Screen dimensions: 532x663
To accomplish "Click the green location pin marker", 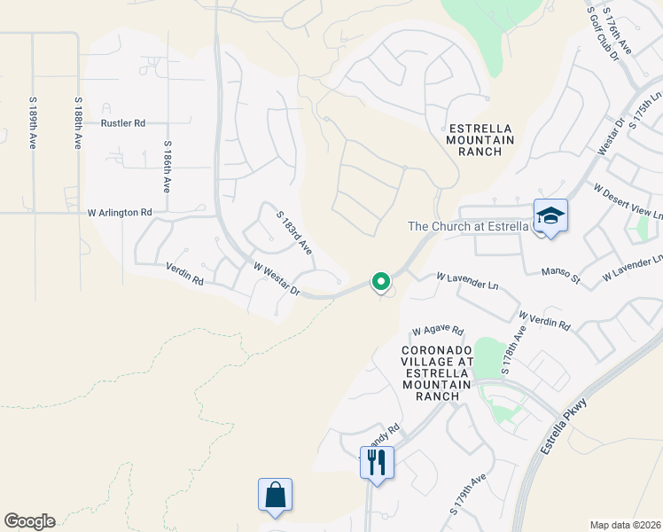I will point(381,283).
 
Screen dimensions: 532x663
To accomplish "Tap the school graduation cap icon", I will point(550,215).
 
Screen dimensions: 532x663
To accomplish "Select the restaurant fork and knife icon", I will point(377,462).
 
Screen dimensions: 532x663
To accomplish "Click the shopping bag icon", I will point(275,496).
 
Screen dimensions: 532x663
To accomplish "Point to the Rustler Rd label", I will point(123,123).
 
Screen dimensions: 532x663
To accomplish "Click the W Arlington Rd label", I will point(120,213).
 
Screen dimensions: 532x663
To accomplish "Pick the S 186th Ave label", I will point(166,167).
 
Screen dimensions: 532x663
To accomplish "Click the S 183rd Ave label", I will point(295,233).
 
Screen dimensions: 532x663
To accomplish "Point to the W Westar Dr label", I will point(277,279).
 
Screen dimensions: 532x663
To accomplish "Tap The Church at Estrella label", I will point(468,226).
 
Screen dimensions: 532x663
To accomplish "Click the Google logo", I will point(29,521).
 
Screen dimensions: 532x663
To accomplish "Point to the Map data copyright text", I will point(624,525).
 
